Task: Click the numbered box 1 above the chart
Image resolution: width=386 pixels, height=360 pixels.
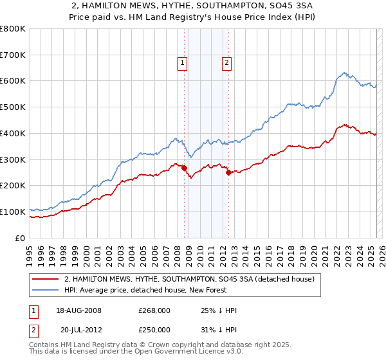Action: click(x=183, y=63)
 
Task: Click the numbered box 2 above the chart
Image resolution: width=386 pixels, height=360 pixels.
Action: click(x=228, y=63)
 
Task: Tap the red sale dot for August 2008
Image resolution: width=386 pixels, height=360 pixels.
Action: click(x=184, y=168)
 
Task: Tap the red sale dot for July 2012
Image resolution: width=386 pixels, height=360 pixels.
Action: click(x=228, y=172)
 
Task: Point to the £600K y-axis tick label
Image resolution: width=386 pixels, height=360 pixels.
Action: click(x=13, y=81)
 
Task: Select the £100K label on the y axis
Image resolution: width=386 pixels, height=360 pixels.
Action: click(x=13, y=212)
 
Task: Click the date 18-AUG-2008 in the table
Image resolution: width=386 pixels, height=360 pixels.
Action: click(x=79, y=310)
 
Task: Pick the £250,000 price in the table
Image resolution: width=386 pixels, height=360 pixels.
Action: click(x=155, y=329)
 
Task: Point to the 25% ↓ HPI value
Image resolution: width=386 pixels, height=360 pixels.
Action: click(x=219, y=310)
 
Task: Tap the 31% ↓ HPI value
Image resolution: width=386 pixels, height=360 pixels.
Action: click(x=219, y=329)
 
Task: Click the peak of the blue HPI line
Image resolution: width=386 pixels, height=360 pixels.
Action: click(x=345, y=73)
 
